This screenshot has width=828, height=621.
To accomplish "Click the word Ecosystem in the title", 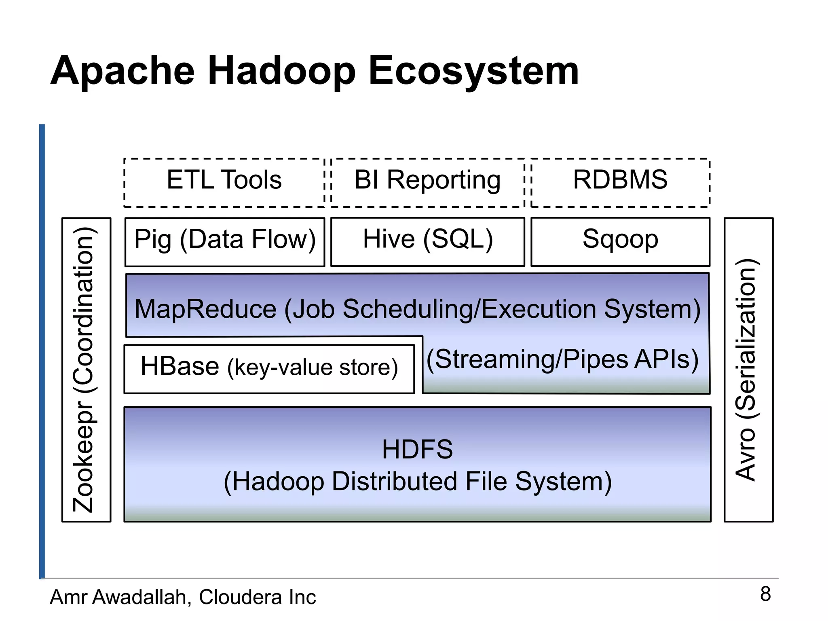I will [x=473, y=72].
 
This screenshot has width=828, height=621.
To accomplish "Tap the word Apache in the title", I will [x=123, y=72].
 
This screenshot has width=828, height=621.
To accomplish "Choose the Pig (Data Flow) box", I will [x=225, y=241].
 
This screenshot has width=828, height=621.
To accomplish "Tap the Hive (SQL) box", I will [x=428, y=241].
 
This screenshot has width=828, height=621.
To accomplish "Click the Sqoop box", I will [x=620, y=241].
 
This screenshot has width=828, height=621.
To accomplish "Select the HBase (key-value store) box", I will [x=269, y=368].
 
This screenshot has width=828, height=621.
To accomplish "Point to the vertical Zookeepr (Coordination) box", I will [x=86, y=370].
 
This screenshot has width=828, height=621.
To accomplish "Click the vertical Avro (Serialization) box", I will [x=748, y=370].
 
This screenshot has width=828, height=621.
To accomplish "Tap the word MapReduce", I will [x=205, y=309].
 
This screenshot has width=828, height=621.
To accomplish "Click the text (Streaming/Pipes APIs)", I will [x=563, y=359].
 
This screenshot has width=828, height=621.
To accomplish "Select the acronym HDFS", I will [x=417, y=449].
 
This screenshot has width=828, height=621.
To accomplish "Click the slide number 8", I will [x=765, y=594].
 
